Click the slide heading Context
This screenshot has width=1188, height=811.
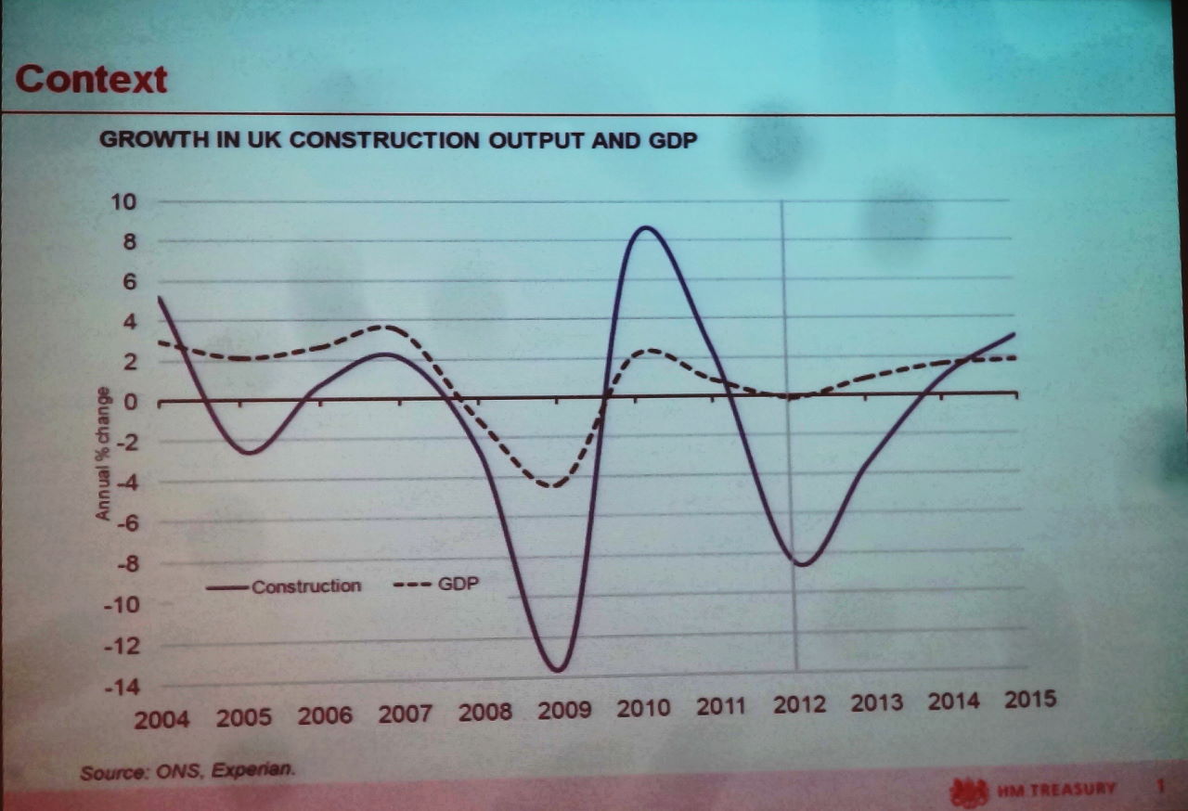pyautogui.click(x=92, y=80)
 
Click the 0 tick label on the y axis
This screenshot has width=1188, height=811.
pyautogui.click(x=131, y=402)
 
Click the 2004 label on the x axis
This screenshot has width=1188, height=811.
pyautogui.click(x=161, y=719)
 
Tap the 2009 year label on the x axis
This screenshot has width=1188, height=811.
pyautogui.click(x=564, y=711)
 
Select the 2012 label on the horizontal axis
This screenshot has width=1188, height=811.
pyautogui.click(x=799, y=704)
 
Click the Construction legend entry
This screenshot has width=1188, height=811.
pyautogui.click(x=305, y=586)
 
